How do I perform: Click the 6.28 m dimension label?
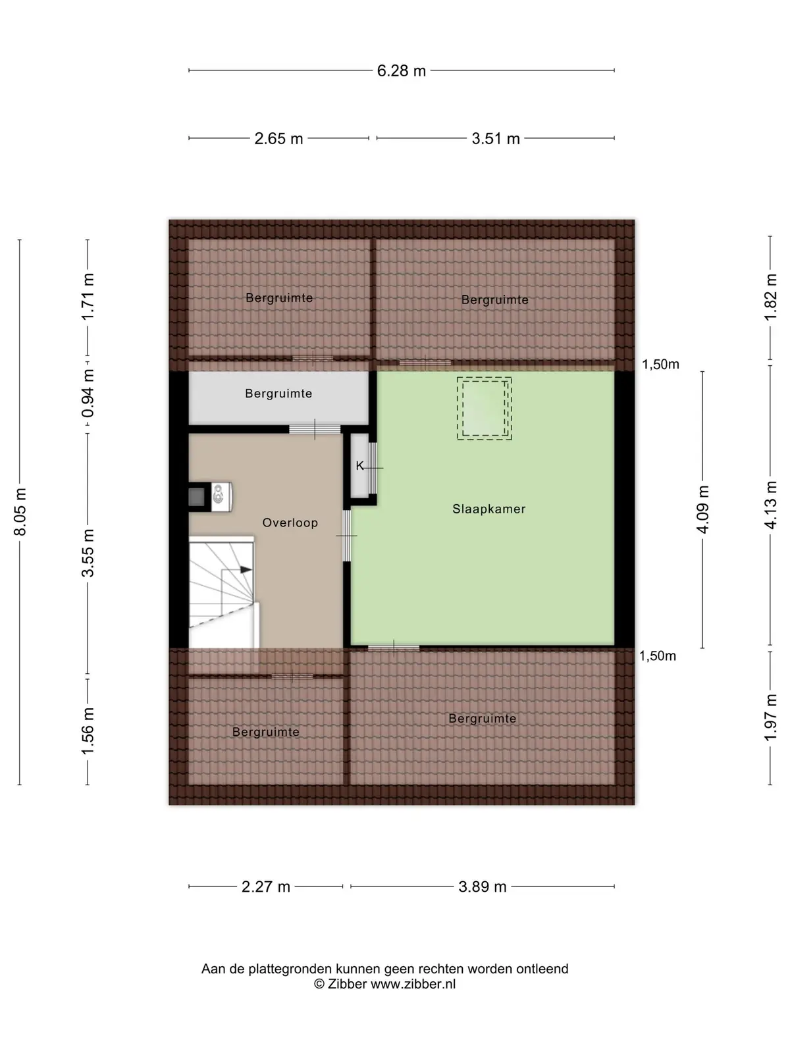point(401,71)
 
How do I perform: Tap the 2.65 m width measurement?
point(278,139)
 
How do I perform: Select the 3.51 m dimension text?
point(496,139)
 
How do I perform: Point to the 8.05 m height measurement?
point(20,512)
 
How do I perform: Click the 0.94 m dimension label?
point(88,393)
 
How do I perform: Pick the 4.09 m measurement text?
point(702,509)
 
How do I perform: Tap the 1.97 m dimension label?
point(770,717)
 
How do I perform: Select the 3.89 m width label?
point(482,886)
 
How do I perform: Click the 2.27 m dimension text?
point(266,886)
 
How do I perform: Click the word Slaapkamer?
point(488,509)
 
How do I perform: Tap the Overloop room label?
point(290,523)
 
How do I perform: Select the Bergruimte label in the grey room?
point(278,394)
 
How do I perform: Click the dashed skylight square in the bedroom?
point(484,408)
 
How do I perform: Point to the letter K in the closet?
point(359,465)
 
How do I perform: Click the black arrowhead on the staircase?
point(246,569)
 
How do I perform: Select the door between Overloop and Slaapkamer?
point(346,535)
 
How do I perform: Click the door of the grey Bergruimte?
point(315,429)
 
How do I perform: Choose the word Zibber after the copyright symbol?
point(348,984)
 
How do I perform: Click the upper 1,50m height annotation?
point(660,365)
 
